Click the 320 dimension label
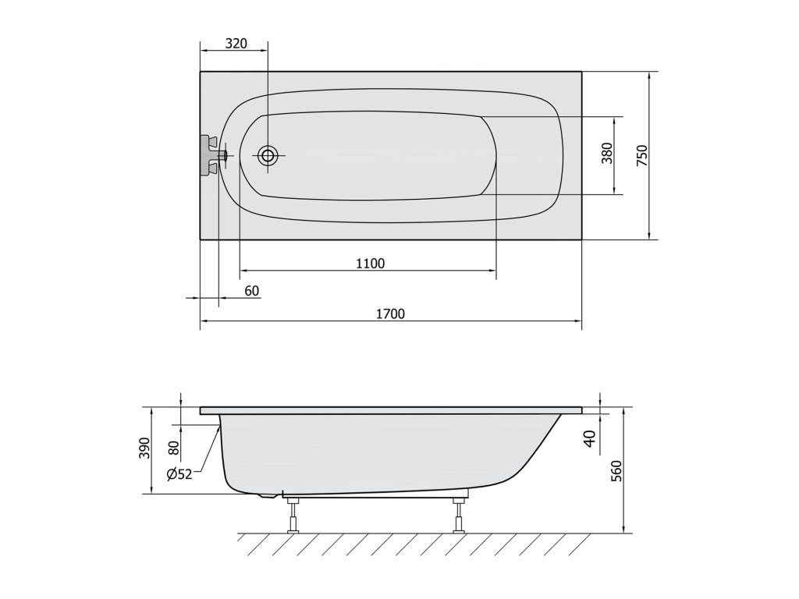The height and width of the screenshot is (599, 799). pyautogui.click(x=236, y=44)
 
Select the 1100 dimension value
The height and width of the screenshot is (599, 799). pyautogui.click(x=371, y=264)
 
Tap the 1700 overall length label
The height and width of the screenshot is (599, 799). pyautogui.click(x=390, y=314)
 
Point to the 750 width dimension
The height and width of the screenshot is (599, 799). pyautogui.click(x=642, y=155)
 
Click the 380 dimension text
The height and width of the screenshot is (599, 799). pyautogui.click(x=607, y=153)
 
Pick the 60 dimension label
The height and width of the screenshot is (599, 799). pyautogui.click(x=252, y=291)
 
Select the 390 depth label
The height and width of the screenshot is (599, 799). pyautogui.click(x=146, y=448)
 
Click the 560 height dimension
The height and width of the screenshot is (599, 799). pyautogui.click(x=616, y=471)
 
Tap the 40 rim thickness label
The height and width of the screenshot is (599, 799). pyautogui.click(x=590, y=439)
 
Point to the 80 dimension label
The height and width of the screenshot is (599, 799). pyautogui.click(x=174, y=448)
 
